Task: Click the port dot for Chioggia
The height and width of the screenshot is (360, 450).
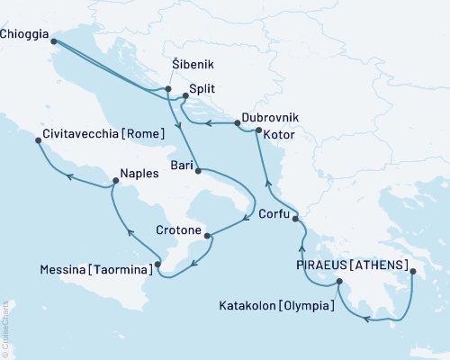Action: [53, 40]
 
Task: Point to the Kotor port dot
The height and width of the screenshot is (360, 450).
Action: [258, 132]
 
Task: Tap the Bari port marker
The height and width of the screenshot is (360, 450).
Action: [197, 170]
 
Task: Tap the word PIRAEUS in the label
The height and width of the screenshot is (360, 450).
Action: [323, 265]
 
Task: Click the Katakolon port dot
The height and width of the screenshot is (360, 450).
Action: [339, 282]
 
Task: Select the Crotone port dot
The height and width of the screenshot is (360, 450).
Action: [209, 237]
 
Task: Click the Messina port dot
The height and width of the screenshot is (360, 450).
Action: [158, 265]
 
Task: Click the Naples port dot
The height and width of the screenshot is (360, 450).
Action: [115, 182]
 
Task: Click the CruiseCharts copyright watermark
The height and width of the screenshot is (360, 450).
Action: [5, 328]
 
